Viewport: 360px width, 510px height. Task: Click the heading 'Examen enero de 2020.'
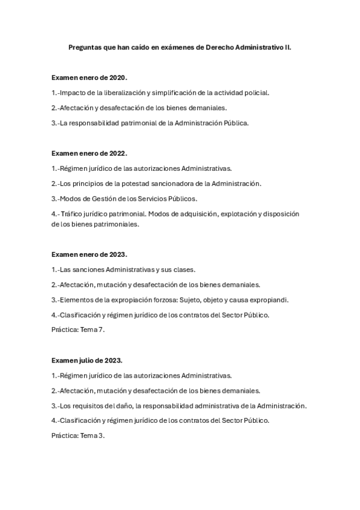(89, 78)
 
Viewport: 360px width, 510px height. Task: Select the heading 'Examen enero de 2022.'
(89, 154)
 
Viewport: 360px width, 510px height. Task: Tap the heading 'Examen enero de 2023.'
(89, 255)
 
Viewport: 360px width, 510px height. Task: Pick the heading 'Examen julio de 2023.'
(87, 360)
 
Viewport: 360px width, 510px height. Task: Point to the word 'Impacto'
(75, 93)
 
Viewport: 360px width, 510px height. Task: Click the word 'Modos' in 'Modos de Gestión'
(70, 198)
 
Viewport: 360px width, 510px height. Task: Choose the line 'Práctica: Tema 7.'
(79, 330)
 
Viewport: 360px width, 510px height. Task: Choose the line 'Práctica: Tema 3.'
(79, 435)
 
